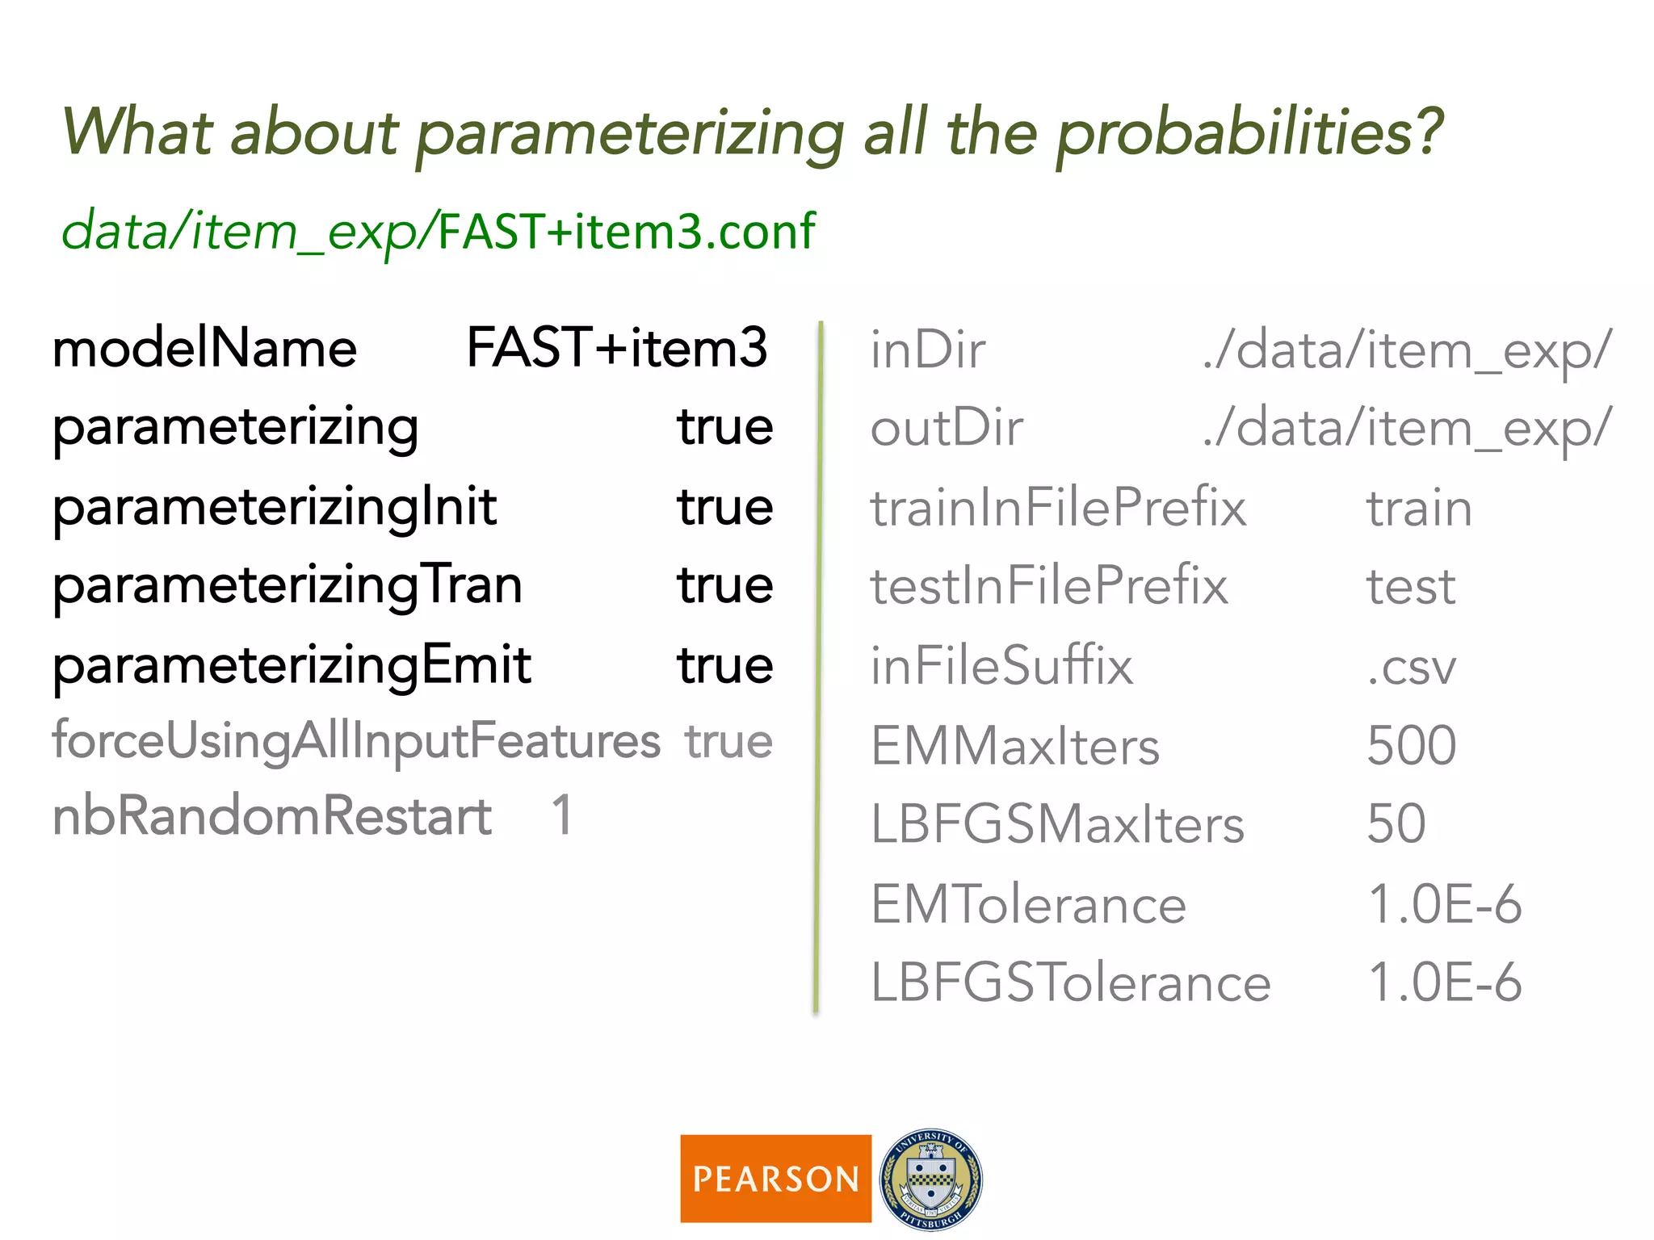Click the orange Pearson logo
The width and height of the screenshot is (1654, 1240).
point(775,1178)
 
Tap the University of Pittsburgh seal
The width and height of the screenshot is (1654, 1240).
point(930,1179)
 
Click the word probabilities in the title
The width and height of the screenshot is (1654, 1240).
point(1249,132)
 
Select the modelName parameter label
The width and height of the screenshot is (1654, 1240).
point(204,349)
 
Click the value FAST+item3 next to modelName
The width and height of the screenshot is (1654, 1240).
point(617,348)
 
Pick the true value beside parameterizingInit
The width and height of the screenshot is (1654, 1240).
point(724,507)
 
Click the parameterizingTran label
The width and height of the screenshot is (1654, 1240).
point(288,586)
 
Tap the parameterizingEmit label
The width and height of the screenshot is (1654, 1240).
point(292,665)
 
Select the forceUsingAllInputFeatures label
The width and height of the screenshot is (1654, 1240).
point(356,740)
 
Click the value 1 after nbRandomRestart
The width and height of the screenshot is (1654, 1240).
point(563,815)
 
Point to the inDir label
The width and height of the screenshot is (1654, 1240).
point(927,350)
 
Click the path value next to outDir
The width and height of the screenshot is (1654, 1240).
point(1407,428)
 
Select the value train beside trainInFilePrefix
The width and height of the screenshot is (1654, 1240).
point(1419,509)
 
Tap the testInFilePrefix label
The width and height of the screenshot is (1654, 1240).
point(1048,586)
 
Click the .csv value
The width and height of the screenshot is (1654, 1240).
point(1411,667)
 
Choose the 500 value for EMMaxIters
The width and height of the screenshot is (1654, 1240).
point(1411,744)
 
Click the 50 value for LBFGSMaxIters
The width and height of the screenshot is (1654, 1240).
point(1396,823)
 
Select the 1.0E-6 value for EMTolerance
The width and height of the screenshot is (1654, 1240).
point(1444,903)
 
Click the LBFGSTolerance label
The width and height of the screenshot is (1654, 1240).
point(1070,982)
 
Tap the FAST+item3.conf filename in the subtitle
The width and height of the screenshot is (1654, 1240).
point(627,232)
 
